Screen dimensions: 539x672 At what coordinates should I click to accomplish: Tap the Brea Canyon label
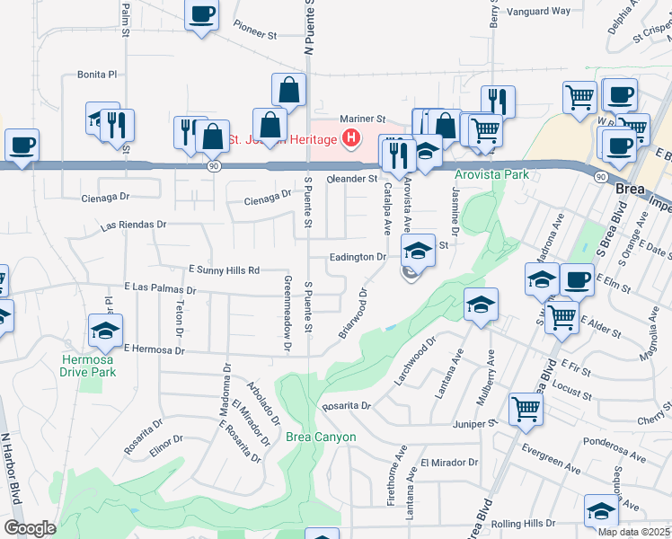click(322, 437)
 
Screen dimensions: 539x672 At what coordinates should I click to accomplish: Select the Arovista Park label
click(491, 174)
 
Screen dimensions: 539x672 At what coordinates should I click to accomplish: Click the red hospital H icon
click(352, 139)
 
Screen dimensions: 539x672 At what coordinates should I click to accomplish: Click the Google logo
click(30, 528)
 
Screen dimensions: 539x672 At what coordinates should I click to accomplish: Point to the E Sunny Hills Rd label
click(224, 269)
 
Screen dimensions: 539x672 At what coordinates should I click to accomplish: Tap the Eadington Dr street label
click(358, 257)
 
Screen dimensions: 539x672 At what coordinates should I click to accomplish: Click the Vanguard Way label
click(539, 12)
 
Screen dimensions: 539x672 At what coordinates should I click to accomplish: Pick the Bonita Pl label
click(97, 74)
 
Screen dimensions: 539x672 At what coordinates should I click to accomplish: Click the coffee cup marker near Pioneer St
click(201, 16)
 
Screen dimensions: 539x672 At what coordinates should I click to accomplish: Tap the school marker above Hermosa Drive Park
click(106, 331)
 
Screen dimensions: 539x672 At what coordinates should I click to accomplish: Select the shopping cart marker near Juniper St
click(526, 409)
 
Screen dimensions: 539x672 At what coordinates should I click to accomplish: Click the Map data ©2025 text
click(634, 532)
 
